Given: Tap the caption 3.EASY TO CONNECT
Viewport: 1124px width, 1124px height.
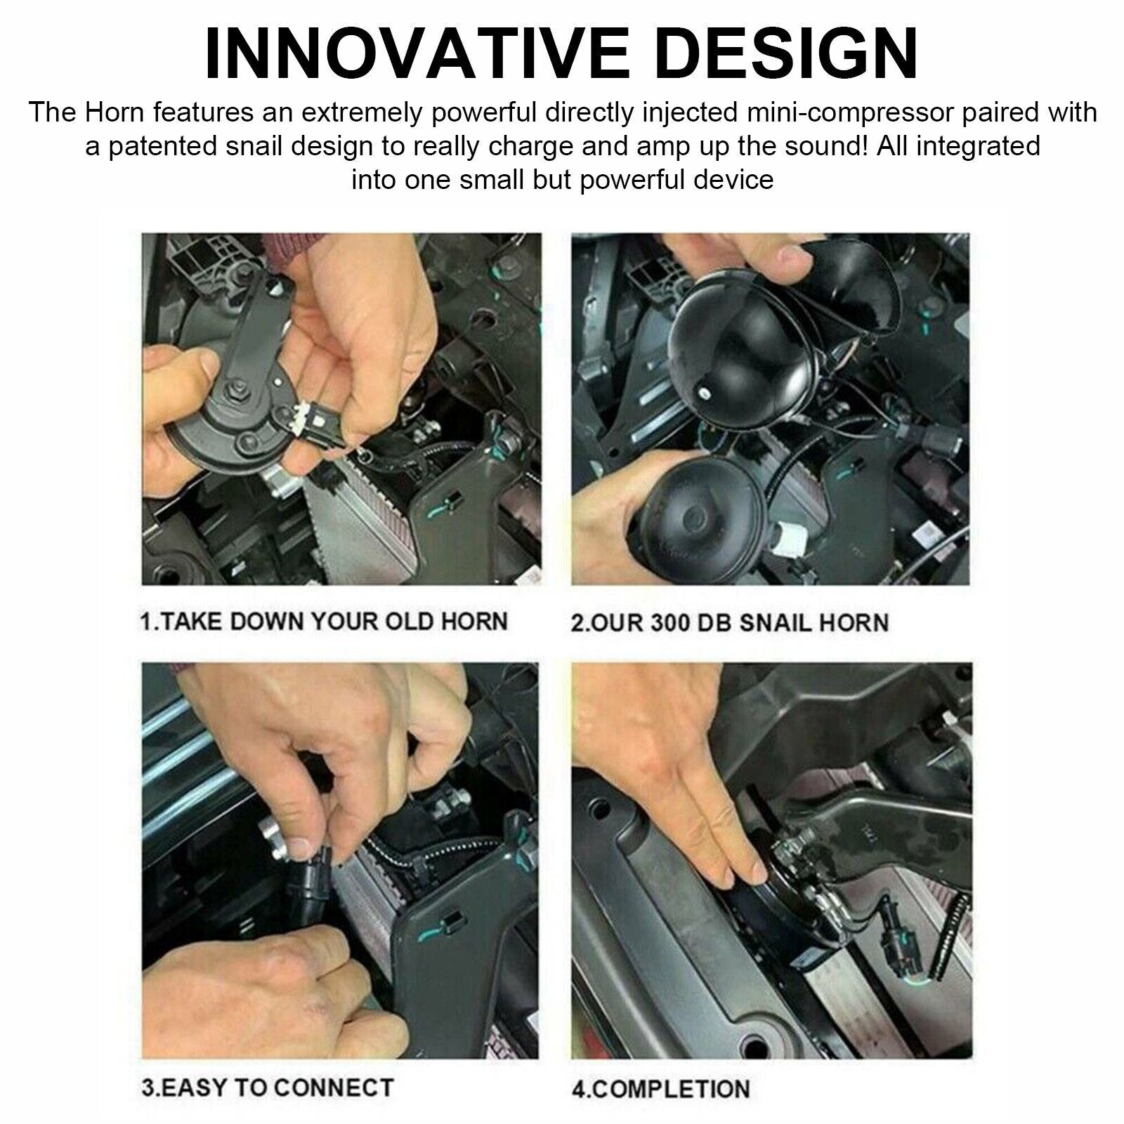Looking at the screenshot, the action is coord(267,1087).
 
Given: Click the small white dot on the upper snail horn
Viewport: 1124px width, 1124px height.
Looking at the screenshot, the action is coord(702,391).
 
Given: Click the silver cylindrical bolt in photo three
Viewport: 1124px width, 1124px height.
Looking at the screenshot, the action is coord(276,839).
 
